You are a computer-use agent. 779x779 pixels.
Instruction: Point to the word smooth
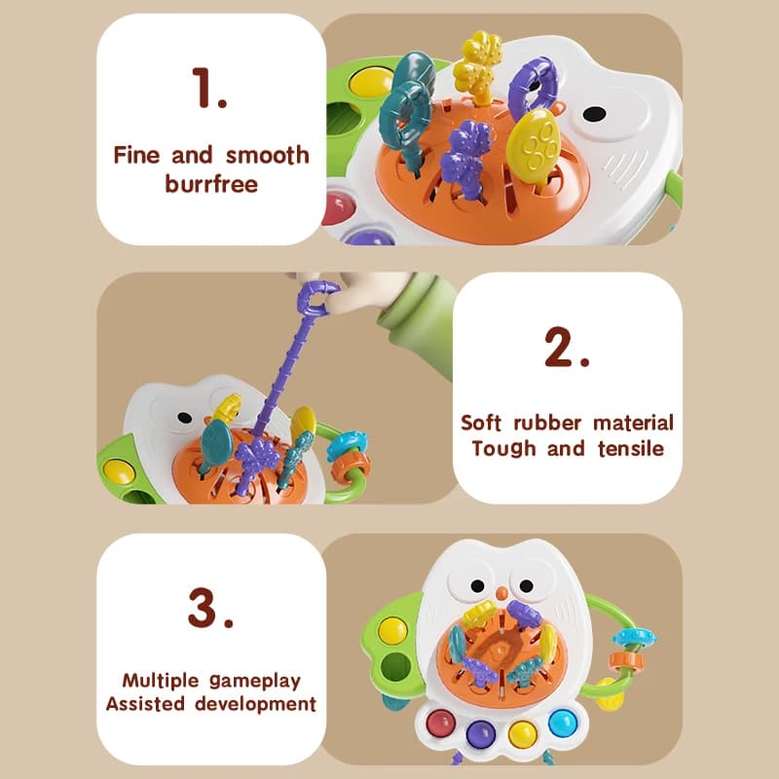(268, 155)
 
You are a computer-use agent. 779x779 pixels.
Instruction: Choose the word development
(256, 703)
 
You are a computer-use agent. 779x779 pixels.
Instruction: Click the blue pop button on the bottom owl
(562, 723)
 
